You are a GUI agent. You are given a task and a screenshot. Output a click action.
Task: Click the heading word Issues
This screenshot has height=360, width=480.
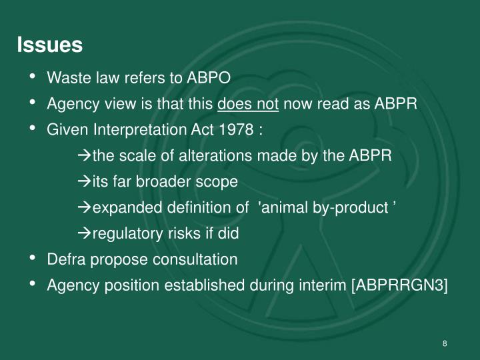click(x=49, y=45)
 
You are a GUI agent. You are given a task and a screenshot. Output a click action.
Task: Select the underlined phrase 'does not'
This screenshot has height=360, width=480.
click(x=248, y=104)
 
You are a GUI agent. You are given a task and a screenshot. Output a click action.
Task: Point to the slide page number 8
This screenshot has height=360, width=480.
click(x=444, y=343)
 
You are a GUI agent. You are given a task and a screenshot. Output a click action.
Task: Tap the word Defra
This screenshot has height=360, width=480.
click(x=65, y=259)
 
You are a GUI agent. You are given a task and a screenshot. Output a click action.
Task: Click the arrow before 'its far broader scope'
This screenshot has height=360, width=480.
click(x=84, y=181)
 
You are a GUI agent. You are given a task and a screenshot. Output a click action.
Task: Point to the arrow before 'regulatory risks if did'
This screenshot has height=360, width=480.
click(x=84, y=233)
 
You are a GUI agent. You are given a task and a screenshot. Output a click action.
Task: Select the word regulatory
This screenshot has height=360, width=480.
click(x=124, y=233)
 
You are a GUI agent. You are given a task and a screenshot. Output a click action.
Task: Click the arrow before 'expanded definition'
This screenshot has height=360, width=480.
click(x=84, y=207)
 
